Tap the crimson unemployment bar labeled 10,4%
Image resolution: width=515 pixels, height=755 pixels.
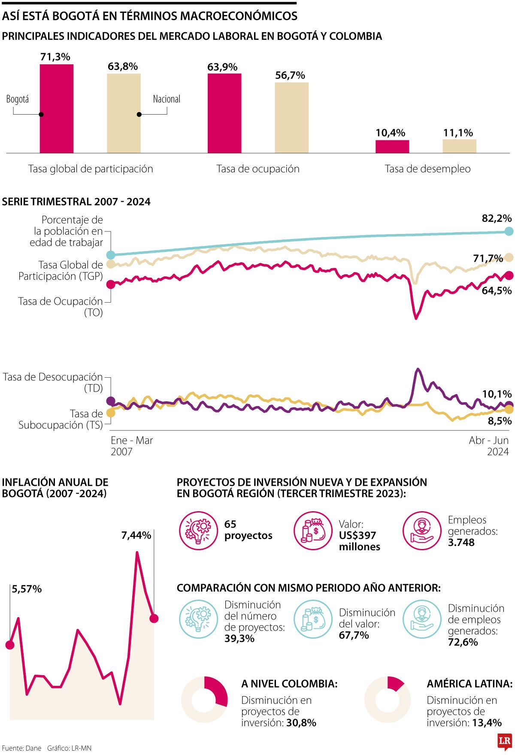click(392, 146)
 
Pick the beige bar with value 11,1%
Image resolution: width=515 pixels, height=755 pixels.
click(459, 146)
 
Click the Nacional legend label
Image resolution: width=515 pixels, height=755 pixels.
click(167, 99)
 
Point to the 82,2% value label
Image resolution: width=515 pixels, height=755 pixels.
click(497, 218)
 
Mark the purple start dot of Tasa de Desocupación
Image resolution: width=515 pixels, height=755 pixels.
click(111, 401)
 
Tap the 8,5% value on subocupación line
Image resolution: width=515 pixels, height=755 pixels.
click(500, 421)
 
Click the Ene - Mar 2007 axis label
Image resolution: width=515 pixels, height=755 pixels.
click(131, 446)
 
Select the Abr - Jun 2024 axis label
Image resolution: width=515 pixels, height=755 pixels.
click(489, 446)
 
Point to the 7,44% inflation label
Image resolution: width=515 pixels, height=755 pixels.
click(136, 535)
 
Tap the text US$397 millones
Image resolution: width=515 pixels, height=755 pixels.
click(359, 541)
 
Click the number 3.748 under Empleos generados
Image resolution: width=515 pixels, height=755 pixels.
click(461, 543)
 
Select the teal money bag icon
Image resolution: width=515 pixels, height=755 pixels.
click(313, 619)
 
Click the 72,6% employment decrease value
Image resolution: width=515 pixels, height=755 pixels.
click(463, 642)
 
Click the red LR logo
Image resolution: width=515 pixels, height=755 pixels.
click(504, 741)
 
